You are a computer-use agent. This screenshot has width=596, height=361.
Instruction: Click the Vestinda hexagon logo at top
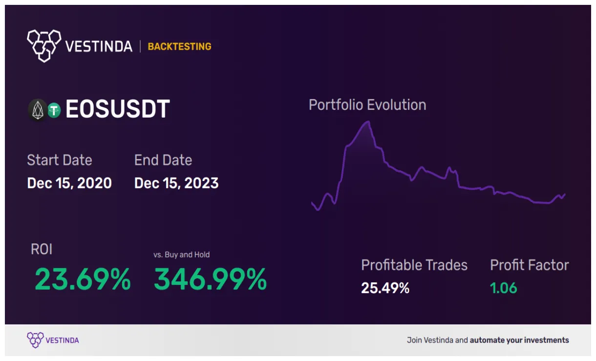point(44,46)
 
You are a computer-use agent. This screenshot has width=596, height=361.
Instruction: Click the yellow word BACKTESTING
point(179,47)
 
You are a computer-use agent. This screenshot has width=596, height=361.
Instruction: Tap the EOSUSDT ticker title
point(117,109)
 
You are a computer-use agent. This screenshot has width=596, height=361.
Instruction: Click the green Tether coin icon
point(54,111)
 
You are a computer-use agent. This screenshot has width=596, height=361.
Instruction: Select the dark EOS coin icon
point(37,110)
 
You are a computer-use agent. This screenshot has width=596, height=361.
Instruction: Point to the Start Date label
point(59,160)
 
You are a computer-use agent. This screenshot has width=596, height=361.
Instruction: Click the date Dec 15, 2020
point(69,183)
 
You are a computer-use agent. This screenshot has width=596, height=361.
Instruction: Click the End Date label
point(163,160)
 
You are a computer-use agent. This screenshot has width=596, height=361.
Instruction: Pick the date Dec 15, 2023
point(176,183)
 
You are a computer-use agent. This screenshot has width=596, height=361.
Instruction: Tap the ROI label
point(42,249)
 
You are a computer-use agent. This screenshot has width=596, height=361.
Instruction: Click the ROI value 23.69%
point(83,280)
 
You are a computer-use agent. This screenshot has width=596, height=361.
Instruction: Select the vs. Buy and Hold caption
point(181,255)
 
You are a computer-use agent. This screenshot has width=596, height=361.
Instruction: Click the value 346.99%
point(210,280)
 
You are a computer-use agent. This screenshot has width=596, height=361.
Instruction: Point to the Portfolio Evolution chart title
point(367,105)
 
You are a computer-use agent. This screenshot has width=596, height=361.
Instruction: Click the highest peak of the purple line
point(367,122)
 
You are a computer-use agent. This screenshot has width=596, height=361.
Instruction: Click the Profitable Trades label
point(414,265)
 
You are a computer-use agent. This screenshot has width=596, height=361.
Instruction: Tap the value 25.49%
point(385,288)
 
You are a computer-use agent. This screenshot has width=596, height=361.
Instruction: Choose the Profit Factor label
point(530,265)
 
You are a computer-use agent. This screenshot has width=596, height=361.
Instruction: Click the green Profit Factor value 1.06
point(503,288)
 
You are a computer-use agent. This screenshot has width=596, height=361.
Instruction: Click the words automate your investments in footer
point(519,340)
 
